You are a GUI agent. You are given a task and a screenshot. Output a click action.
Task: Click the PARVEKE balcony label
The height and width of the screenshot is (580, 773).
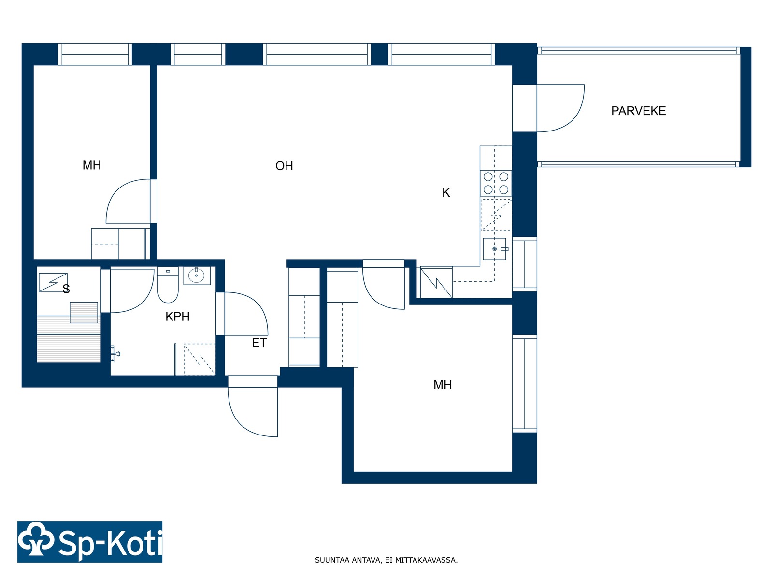point(638,111)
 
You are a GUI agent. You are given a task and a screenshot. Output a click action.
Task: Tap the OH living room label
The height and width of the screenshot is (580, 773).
point(284,165)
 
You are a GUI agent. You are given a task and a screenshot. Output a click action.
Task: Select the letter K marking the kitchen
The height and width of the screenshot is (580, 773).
point(446,193)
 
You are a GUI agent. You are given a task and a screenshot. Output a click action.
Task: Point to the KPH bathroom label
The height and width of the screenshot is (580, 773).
point(177,317)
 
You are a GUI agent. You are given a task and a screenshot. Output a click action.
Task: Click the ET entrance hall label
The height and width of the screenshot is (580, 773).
point(259,343)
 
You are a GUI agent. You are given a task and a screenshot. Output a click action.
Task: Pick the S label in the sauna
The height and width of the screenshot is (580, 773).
point(66,289)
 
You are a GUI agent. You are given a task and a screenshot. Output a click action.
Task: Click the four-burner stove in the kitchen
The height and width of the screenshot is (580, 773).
point(496,183)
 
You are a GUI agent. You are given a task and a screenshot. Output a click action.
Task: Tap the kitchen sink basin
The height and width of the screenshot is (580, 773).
point(494,249)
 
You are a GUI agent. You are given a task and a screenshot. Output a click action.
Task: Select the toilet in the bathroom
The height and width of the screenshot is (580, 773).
point(168,285)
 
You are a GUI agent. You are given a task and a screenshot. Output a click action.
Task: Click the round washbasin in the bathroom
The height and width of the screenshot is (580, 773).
point(197,275)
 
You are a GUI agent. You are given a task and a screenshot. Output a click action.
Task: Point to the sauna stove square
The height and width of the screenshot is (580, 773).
point(84,312)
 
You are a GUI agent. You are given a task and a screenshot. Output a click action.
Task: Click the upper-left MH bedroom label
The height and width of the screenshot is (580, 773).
point(92,165)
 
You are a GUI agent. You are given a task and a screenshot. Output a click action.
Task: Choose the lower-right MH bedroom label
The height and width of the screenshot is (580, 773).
point(443,385)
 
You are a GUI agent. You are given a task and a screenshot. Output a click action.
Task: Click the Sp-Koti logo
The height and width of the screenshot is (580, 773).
point(90,542)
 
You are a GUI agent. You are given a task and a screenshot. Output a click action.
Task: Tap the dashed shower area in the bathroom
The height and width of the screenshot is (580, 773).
point(200,359)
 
